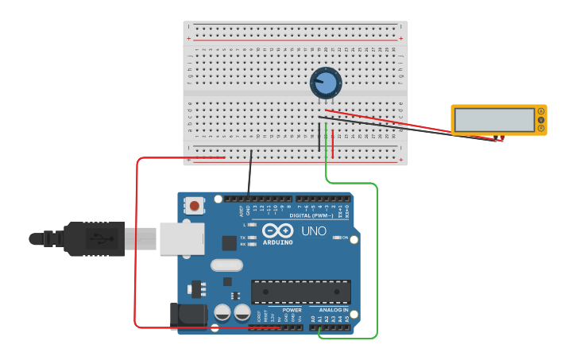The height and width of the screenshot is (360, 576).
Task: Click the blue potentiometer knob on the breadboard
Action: coord(326,83)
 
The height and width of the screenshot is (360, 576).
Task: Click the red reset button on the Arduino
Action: coord(194,207)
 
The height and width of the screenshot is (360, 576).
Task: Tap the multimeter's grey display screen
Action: coord(494,120)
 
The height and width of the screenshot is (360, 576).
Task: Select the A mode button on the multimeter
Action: coord(541,111)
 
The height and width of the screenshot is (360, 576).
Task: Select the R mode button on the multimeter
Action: coord(541,128)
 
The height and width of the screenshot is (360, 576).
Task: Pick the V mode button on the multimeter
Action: coord(541,120)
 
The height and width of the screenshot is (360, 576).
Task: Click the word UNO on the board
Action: coord(313,231)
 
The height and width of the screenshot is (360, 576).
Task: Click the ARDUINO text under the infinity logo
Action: coord(277,242)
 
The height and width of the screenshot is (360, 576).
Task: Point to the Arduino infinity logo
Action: coord(277,230)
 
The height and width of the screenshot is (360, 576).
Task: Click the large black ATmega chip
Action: coord(300,292)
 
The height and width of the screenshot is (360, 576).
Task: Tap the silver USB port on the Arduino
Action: coord(182,238)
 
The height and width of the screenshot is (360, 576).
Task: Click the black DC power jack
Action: coord(188,315)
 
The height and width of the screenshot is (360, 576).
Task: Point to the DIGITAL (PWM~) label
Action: coord(311,215)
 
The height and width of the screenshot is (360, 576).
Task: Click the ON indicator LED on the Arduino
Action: coord(337,238)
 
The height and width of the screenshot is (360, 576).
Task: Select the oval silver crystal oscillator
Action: coord(226,265)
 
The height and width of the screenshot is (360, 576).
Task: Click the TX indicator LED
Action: coord(252,237)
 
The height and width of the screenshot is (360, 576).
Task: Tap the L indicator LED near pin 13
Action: coord(252,225)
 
